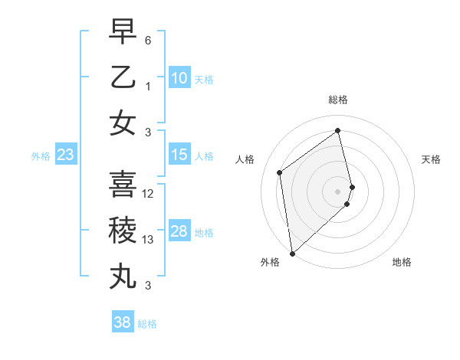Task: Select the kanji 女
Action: click(x=123, y=123)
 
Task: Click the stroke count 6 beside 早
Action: click(x=148, y=39)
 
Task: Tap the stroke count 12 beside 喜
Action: click(x=149, y=193)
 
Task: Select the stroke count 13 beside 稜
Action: click(x=149, y=240)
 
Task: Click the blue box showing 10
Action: click(x=179, y=78)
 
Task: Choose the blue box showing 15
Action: click(x=179, y=155)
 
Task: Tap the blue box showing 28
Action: click(x=179, y=232)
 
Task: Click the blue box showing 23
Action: click(x=65, y=155)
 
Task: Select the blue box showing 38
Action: click(x=122, y=322)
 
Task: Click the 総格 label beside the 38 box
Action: click(x=147, y=324)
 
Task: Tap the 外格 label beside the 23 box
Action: click(x=41, y=156)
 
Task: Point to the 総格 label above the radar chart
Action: click(x=338, y=100)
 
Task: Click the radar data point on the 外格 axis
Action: click(x=292, y=253)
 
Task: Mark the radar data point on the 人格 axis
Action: click(x=280, y=172)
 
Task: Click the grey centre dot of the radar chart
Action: click(x=338, y=191)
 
